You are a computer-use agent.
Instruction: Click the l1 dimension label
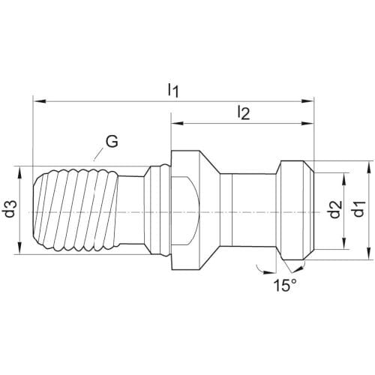click(173, 91)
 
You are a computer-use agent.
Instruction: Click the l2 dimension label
click(244, 112)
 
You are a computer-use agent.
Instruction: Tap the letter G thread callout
click(112, 142)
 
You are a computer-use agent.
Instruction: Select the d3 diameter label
click(11, 208)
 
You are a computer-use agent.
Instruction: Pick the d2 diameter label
click(335, 209)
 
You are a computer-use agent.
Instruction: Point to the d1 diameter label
click(358, 209)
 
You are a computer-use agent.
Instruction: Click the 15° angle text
click(285, 285)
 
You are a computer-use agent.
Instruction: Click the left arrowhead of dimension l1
click(39, 101)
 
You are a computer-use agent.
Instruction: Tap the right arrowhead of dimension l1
click(307, 101)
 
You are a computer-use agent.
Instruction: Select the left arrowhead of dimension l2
click(177, 123)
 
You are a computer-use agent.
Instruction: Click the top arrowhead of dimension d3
click(20, 172)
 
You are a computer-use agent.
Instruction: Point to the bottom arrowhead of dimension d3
click(20, 248)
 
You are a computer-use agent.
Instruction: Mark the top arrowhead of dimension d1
click(369, 167)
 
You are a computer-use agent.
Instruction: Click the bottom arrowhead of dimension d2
click(344, 244)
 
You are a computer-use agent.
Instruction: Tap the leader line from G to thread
click(98, 154)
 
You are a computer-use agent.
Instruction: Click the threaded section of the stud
click(76, 210)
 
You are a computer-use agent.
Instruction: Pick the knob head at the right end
click(295, 210)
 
